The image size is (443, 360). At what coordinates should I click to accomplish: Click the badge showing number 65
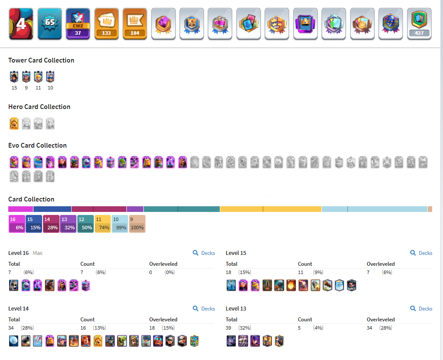click(50, 24)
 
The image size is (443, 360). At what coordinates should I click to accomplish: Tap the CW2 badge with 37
click(78, 24)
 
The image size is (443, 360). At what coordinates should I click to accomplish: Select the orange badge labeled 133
click(106, 24)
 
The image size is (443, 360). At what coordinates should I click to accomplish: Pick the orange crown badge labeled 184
click(135, 24)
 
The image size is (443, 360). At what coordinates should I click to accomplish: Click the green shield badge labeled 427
click(419, 24)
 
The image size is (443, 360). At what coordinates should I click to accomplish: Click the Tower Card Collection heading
click(41, 60)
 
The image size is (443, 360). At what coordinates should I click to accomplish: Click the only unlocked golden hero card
click(14, 123)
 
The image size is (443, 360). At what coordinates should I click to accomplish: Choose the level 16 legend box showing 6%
click(17, 224)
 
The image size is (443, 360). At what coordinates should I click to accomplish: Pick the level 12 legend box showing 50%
click(86, 224)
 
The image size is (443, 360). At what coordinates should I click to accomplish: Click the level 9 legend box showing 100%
click(137, 224)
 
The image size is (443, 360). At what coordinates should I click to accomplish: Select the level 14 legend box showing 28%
click(51, 224)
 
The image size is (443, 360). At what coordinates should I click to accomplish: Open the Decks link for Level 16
click(204, 253)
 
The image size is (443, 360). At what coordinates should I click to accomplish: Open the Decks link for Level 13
click(421, 309)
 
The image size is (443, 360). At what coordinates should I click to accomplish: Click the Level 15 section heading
click(236, 253)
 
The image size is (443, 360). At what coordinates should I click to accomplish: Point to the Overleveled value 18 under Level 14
click(152, 328)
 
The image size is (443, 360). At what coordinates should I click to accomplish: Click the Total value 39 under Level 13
click(228, 328)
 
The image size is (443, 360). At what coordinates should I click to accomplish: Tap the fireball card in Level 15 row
click(291, 285)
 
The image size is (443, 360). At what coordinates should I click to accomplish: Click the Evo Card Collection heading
click(38, 145)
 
